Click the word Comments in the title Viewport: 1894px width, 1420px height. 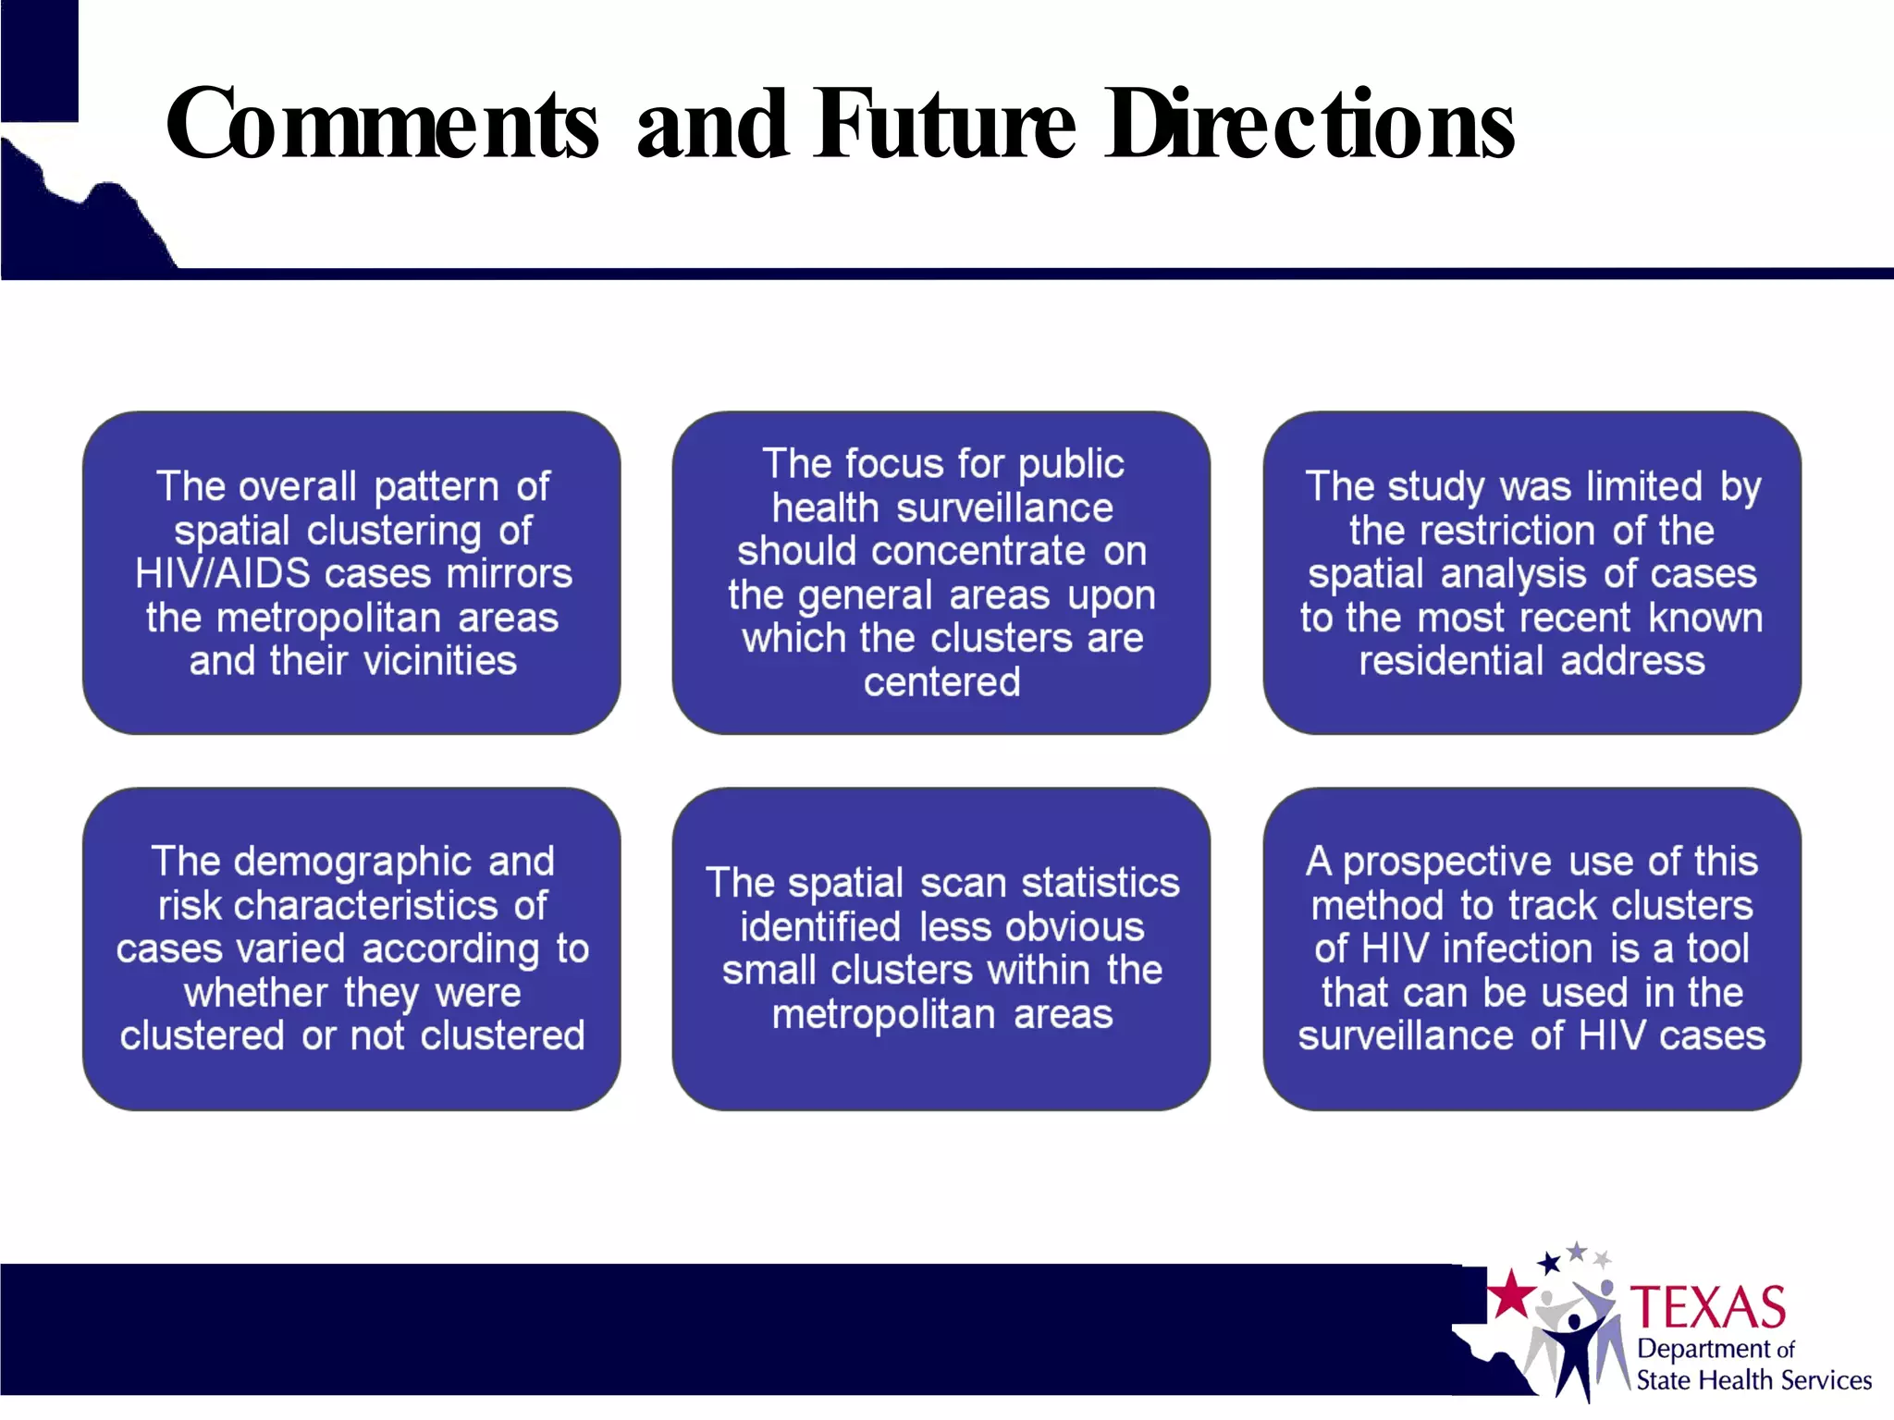pos(382,125)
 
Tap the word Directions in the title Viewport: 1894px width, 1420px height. pos(1310,125)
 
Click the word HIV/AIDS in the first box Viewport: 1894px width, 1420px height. pos(223,574)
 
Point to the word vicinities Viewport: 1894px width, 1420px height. pos(440,661)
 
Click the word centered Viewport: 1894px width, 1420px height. pos(941,682)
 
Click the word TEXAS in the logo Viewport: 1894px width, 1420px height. pos(1707,1307)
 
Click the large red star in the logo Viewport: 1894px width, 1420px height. pos(1512,1293)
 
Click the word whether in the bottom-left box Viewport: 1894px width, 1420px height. pos(255,993)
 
